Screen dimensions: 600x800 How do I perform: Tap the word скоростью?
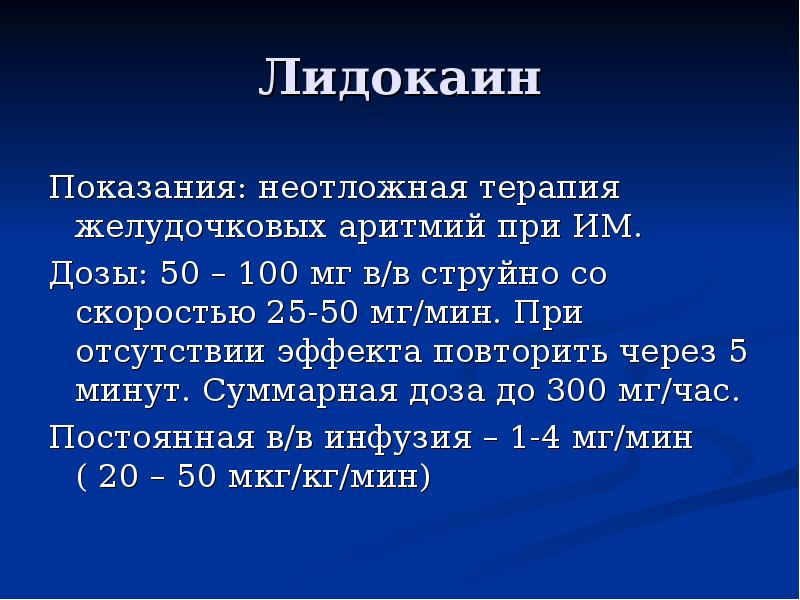(165, 312)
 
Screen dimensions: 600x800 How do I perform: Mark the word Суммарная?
(305, 390)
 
